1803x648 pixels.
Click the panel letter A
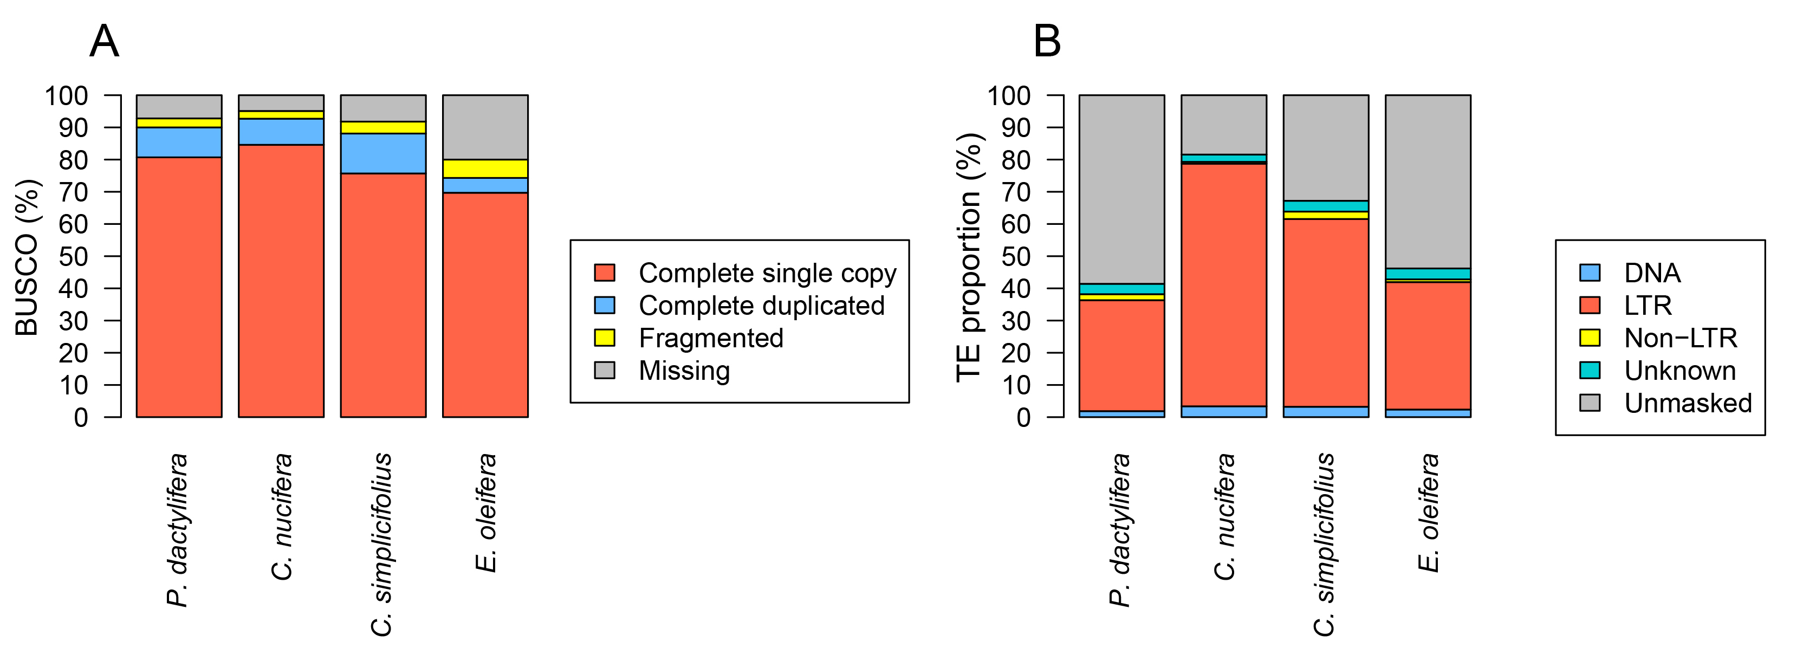(104, 41)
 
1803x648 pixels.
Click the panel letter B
(1047, 41)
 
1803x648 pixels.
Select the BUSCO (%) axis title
(27, 257)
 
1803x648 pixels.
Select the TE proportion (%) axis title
(970, 257)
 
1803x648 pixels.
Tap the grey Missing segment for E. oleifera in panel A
(485, 127)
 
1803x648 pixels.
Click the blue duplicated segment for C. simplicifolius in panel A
(383, 153)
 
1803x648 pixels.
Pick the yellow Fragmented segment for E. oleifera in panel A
(485, 169)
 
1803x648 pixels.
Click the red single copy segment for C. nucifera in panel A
(281, 280)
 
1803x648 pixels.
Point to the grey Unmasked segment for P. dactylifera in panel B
(1121, 189)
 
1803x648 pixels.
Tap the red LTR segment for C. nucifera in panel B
(1223, 283)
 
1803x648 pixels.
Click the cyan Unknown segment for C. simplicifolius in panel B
(1326, 206)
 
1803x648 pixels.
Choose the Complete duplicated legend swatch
(605, 305)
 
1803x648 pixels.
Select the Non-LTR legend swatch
(1590, 338)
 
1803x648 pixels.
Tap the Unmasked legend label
(1688, 403)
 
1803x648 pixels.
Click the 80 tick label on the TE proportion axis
(1016, 159)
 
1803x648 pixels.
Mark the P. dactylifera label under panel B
(1120, 530)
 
